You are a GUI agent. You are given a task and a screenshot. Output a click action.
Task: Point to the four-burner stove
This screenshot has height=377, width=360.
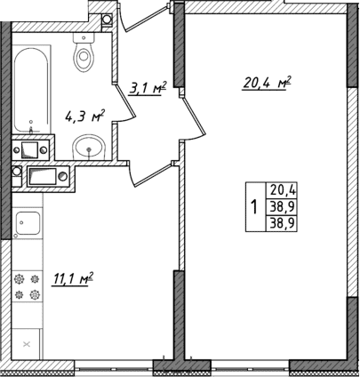pyautogui.click(x=28, y=285)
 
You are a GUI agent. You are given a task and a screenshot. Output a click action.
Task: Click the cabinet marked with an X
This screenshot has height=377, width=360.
pyautogui.click(x=27, y=343)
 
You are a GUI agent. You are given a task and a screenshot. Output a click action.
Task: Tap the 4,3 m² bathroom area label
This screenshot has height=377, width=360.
pyautogui.click(x=85, y=115)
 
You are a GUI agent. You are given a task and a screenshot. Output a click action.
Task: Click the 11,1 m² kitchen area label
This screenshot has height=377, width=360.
pyautogui.click(x=74, y=280)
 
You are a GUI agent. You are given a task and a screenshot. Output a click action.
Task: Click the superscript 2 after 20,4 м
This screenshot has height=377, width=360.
pyautogui.click(x=290, y=80)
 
